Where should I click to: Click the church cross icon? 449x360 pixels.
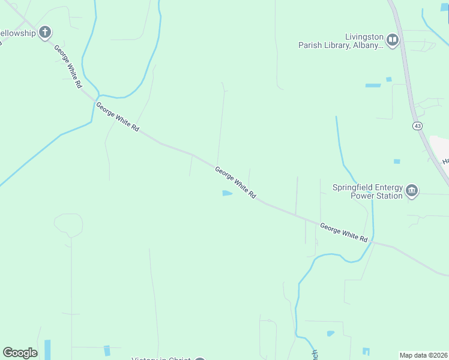click(45, 32)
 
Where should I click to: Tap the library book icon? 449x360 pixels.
click(393, 40)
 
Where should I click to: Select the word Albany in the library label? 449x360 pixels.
click(365, 45)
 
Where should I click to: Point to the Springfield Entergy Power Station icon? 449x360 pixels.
click(412, 191)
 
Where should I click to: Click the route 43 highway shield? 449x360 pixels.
click(416, 125)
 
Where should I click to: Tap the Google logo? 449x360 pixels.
click(20, 353)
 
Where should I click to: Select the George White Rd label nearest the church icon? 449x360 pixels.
click(67, 67)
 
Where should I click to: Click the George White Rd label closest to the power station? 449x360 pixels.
click(343, 232)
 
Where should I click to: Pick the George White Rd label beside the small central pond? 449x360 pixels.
click(236, 183)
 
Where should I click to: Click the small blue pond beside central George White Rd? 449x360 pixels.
click(227, 193)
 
